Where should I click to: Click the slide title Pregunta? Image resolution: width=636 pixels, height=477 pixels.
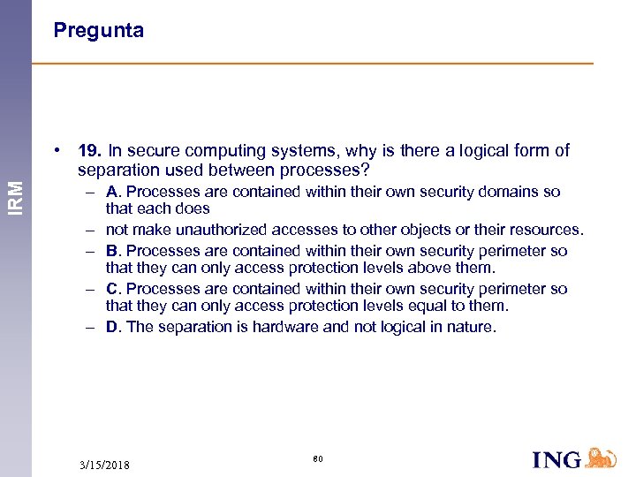tap(98, 31)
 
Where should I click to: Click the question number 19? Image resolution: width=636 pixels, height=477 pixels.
tap(90, 151)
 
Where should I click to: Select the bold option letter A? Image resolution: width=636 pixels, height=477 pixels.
tap(113, 192)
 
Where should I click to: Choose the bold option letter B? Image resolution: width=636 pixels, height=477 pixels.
tap(113, 251)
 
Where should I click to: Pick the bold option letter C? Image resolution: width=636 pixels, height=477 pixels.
tap(113, 289)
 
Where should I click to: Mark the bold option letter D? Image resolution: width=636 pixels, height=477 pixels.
tap(113, 327)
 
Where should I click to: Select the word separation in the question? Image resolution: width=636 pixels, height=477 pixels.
tap(116, 169)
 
